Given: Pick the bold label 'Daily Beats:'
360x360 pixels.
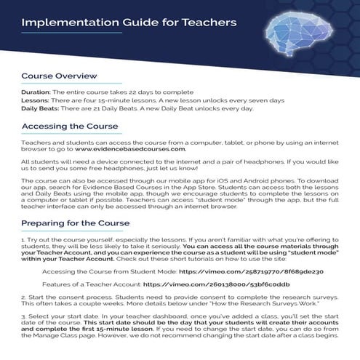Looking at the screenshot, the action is [x=40, y=109].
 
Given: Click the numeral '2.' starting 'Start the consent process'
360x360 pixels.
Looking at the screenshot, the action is [x=23, y=297].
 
